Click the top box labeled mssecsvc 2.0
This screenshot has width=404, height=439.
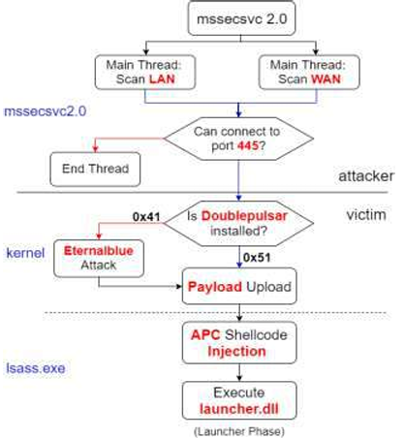coord(241,18)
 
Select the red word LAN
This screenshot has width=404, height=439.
coord(162,79)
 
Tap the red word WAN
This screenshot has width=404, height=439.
coord(326,79)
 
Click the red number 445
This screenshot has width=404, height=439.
coord(248,145)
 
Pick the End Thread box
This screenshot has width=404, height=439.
coord(95,170)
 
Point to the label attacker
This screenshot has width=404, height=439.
coord(366,176)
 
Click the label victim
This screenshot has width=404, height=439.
coord(366,215)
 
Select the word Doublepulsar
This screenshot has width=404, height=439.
coord(244,216)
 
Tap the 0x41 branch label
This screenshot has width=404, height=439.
coord(146,217)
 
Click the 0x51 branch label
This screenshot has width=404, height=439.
coord(257,258)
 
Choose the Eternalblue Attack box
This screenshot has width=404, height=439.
coord(99,259)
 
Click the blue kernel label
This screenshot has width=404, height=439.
coord(25,253)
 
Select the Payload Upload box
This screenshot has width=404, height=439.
coord(239,286)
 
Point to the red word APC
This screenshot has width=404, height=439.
coord(205,335)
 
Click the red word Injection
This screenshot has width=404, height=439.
coord(236,351)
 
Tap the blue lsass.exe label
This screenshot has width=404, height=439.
coord(36,368)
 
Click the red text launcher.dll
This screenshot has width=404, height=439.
coord(239,409)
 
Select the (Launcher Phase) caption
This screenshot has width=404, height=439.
coord(239,431)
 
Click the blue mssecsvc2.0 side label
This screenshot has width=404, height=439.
coord(45,111)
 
